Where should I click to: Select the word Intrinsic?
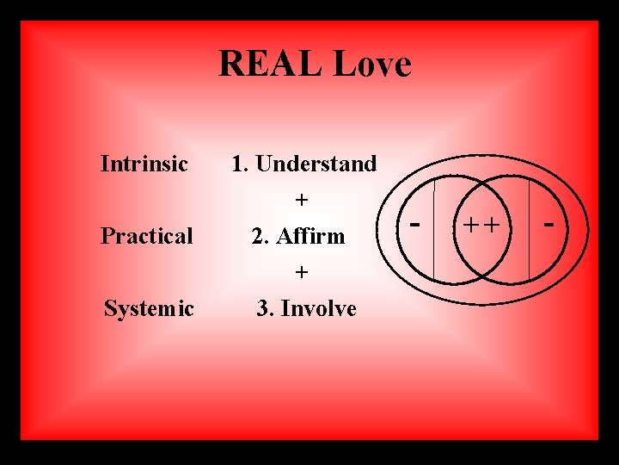144,163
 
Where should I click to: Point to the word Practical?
146,236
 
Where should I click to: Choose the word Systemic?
149,308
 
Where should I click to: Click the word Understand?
316,163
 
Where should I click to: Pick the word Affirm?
310,236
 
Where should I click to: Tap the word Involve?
317,308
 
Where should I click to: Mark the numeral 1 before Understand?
237,164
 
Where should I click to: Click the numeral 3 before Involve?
263,308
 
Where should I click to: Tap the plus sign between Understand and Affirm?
301,200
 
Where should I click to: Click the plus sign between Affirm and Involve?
301,272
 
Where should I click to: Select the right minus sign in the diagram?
549,226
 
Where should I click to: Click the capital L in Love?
345,64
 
